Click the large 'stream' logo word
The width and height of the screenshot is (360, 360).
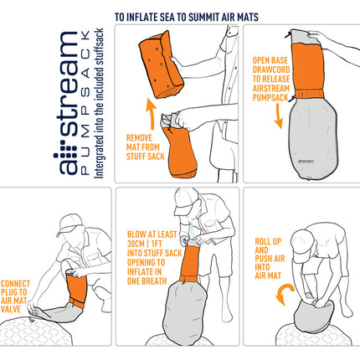[69, 84]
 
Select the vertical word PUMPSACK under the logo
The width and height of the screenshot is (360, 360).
[85, 102]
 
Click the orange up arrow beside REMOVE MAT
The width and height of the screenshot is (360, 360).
[152, 114]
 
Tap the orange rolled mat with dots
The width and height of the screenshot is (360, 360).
[161, 64]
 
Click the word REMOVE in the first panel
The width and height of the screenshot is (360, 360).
[139, 138]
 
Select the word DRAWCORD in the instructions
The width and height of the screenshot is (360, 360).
[271, 69]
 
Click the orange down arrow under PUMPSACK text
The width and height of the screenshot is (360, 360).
[279, 116]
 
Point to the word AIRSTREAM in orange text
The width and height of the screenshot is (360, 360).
[271, 88]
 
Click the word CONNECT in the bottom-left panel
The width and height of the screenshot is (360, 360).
[15, 284]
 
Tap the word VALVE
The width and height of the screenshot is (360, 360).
[11, 309]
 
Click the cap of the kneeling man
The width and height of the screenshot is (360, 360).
[69, 224]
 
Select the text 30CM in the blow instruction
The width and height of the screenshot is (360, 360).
[136, 244]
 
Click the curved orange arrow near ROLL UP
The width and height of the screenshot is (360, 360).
[285, 294]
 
